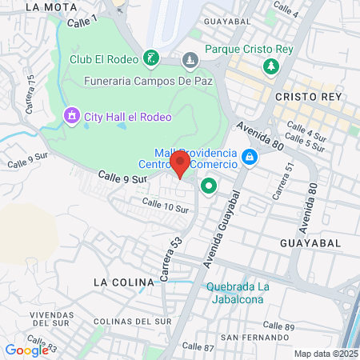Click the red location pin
click(180, 164)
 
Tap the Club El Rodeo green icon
click(150, 58)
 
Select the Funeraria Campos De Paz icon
click(190, 60)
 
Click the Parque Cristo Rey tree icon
click(271, 66)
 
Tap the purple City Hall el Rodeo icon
click(73, 117)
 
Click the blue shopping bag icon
click(250, 157)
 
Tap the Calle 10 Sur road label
click(165, 206)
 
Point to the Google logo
click(26, 349)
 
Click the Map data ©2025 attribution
click(326, 354)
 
